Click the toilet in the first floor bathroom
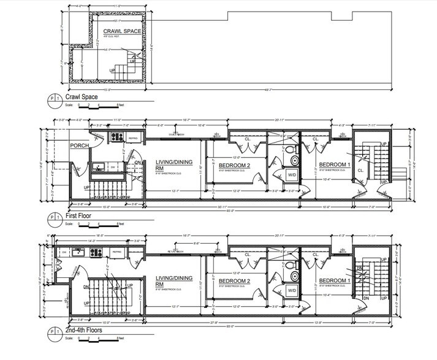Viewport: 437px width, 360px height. point(294,160)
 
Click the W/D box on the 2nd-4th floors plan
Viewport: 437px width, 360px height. point(292,292)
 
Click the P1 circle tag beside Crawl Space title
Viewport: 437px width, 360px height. point(53,99)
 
